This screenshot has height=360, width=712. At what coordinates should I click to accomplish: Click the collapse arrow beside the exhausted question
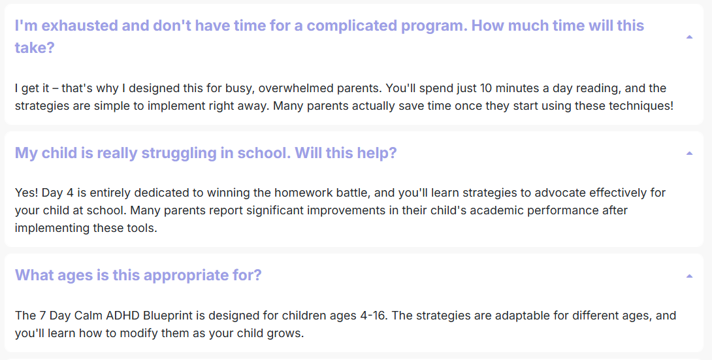[689, 37]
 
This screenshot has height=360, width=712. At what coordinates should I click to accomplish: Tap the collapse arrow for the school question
[689, 154]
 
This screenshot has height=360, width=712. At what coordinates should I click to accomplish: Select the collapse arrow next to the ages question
[689, 276]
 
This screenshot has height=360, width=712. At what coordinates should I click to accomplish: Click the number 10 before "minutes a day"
[487, 88]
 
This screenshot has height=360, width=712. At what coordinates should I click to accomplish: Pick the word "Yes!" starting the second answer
[26, 193]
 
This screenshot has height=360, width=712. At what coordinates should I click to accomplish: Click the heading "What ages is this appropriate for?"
[138, 275]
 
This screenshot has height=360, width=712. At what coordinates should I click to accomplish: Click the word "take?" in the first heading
[35, 48]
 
